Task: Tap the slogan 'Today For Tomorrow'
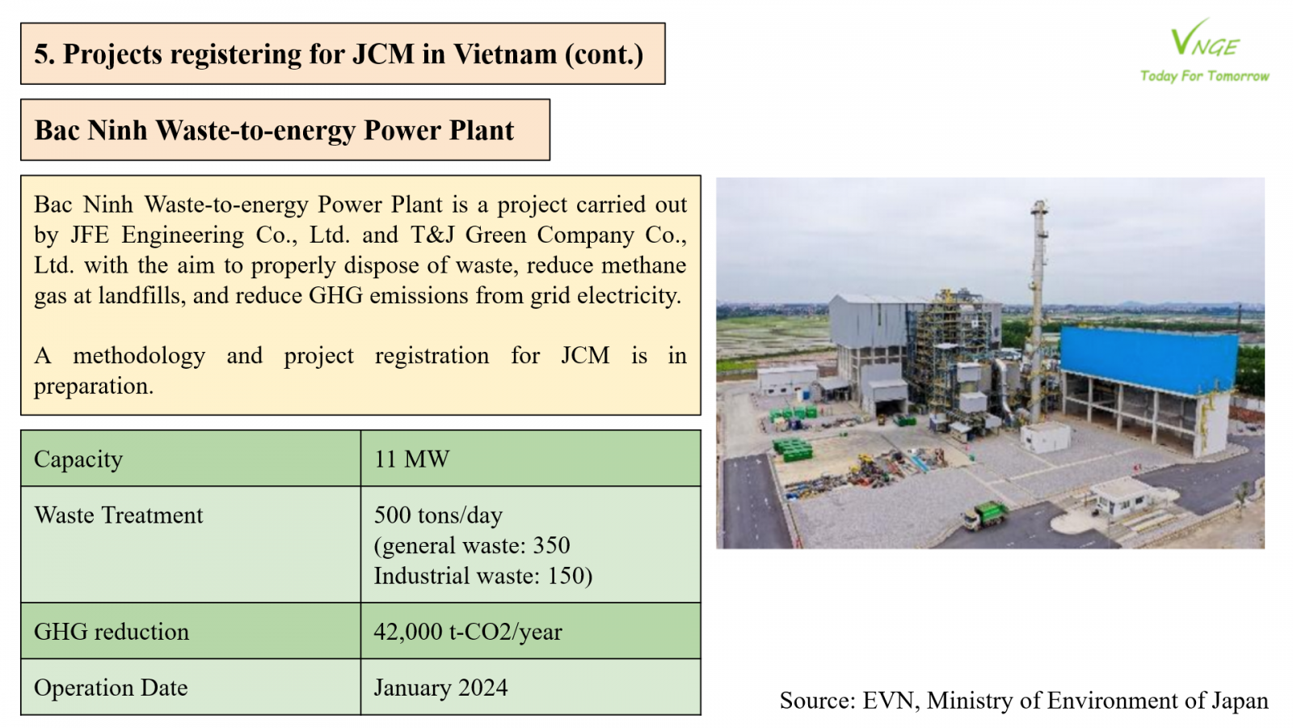1205,76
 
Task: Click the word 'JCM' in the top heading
383,53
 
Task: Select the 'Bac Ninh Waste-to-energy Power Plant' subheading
274,130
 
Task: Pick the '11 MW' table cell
411,459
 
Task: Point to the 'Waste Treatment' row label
118,514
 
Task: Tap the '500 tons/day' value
438,514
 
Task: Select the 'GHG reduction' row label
112,632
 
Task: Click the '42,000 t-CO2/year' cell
468,632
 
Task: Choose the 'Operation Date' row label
111,688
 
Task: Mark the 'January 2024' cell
440,688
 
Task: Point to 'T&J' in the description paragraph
432,235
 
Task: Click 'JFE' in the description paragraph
90,235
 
